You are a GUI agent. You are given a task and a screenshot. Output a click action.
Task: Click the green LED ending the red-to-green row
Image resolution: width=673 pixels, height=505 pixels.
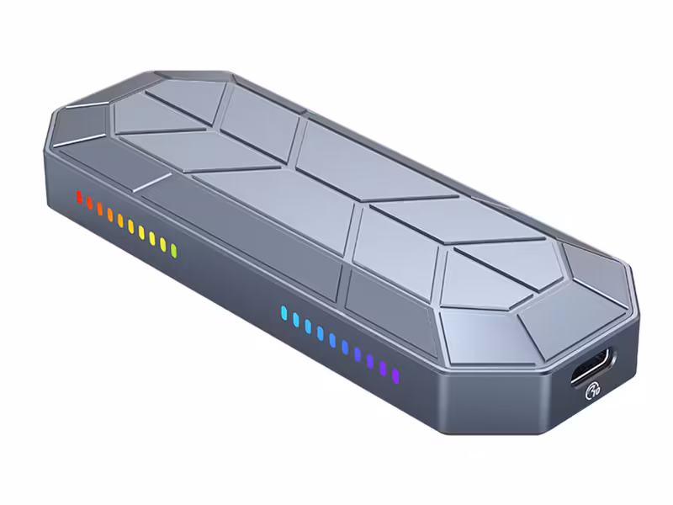point(173,250)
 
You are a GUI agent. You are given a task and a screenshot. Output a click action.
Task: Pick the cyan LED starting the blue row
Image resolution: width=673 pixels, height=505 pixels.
point(283,313)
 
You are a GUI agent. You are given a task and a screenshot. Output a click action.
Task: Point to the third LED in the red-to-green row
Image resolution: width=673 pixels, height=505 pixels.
point(99,210)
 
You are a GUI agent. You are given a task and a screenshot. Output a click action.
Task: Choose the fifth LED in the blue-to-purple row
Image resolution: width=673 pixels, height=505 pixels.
point(333,340)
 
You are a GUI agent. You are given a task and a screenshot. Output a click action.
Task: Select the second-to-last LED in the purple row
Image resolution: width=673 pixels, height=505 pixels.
point(383,367)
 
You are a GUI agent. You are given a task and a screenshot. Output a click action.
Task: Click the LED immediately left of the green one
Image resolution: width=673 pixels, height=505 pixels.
point(162,244)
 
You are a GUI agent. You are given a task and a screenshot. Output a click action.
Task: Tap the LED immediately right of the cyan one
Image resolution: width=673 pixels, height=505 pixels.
point(295,320)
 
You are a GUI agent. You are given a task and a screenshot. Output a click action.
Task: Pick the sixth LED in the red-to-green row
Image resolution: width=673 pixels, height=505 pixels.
point(130,226)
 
